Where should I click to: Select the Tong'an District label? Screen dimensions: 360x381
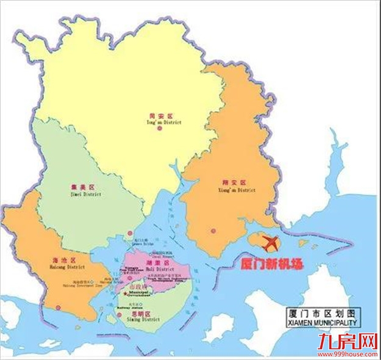coord(161,118)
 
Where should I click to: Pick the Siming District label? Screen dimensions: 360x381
coord(145,317)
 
